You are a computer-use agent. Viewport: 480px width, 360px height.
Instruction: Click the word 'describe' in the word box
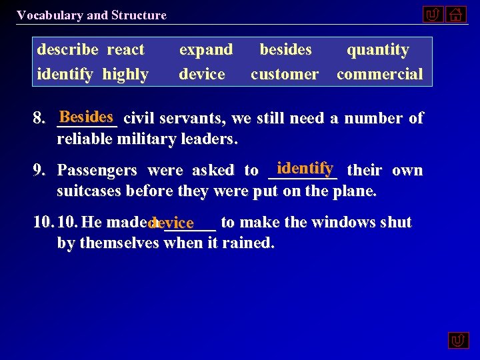tap(67, 50)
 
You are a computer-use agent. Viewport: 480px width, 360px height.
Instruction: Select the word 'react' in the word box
tap(125, 50)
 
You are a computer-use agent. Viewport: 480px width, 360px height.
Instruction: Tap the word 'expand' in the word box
tap(206, 50)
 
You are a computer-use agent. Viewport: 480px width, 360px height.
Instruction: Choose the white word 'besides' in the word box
tap(285, 50)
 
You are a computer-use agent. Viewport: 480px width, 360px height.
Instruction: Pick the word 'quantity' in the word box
tap(378, 50)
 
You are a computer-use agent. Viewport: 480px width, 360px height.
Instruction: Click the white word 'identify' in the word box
tap(65, 74)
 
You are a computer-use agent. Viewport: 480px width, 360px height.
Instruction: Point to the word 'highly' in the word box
tap(125, 74)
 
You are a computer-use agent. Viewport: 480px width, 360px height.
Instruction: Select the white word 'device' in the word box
tap(202, 74)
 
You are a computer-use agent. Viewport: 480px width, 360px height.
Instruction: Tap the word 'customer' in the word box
tap(285, 74)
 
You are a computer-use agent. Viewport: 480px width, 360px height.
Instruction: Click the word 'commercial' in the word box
tap(379, 74)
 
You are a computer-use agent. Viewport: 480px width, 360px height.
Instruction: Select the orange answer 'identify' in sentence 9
tap(304, 168)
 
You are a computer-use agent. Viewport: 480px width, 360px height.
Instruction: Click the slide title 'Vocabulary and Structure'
tap(92, 15)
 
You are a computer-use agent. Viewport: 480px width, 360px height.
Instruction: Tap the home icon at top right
tap(457, 14)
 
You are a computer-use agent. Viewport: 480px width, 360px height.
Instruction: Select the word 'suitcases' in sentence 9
tap(89, 192)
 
